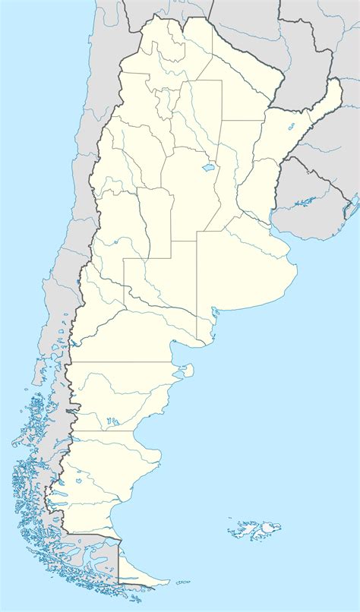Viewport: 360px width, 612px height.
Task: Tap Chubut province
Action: pyautogui.click(x=114, y=395)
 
